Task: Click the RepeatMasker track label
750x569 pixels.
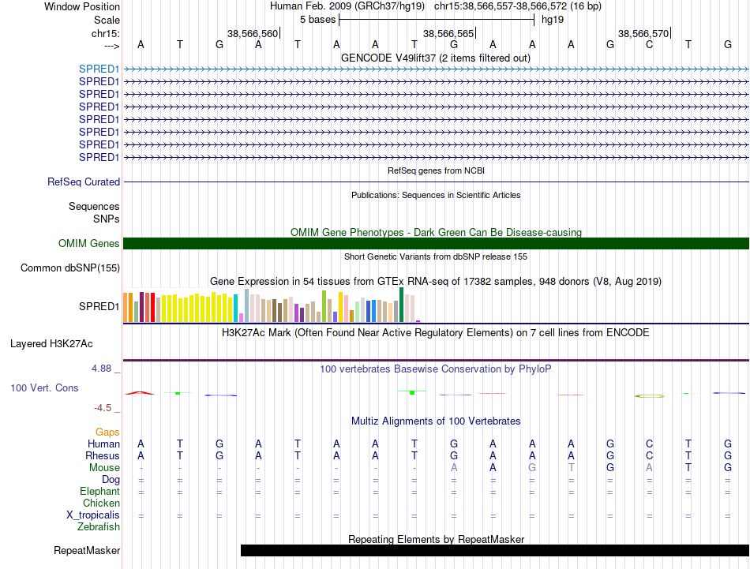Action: (x=87, y=550)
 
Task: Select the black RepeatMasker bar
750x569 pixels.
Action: (x=494, y=550)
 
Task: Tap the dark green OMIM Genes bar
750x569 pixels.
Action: (x=436, y=243)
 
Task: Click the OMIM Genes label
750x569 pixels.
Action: (x=88, y=243)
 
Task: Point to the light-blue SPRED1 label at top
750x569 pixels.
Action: (x=99, y=69)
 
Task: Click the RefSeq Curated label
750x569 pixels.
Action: (x=84, y=182)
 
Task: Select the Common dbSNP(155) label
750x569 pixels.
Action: (x=70, y=268)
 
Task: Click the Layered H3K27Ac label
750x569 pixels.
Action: (x=51, y=344)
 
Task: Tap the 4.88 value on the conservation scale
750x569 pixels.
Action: (x=101, y=369)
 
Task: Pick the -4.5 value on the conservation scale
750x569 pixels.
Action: (x=103, y=408)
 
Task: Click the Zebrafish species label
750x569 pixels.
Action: (x=99, y=527)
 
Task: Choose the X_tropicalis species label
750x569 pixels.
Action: (x=93, y=515)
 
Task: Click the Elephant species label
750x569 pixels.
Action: (x=99, y=492)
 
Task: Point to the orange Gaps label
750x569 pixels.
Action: (x=107, y=432)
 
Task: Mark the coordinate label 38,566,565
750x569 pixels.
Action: (x=448, y=33)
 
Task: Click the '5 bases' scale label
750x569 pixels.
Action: (x=317, y=20)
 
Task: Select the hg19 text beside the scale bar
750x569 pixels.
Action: (x=553, y=20)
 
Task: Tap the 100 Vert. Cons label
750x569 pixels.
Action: (x=44, y=387)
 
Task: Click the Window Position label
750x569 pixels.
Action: (x=82, y=6)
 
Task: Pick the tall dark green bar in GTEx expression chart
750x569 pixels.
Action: (x=401, y=305)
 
